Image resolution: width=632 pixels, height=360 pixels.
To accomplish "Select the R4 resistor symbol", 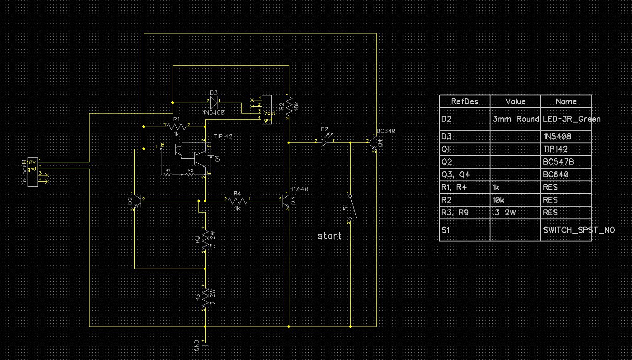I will [x=237, y=199].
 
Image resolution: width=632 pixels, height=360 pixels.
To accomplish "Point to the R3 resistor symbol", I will [x=205, y=298].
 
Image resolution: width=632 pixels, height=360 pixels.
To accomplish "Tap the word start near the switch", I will [x=330, y=236].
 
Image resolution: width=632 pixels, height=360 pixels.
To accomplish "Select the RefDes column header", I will [x=464, y=101].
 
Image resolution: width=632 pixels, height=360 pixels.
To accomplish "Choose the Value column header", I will [x=515, y=101].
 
